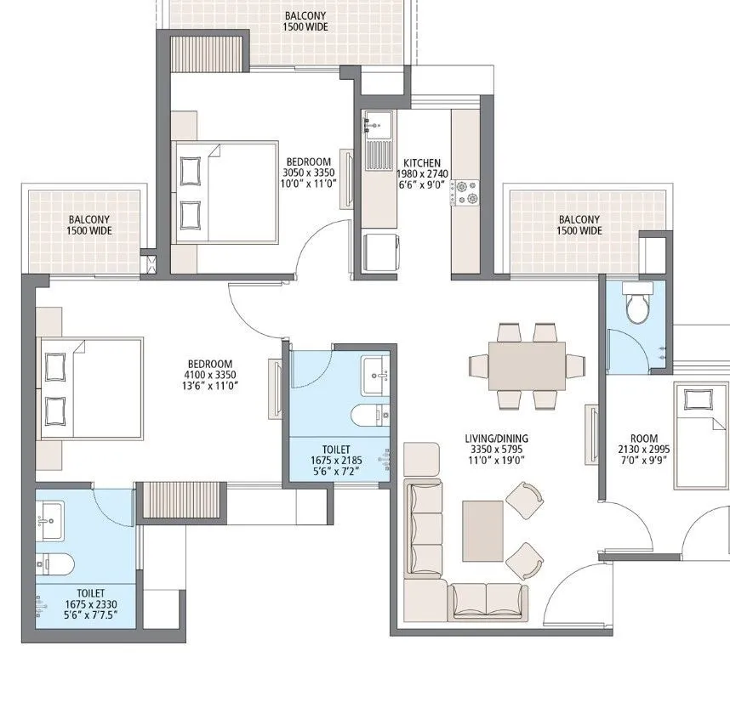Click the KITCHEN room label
[422, 162]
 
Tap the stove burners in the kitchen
[465, 192]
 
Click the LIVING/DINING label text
[493, 438]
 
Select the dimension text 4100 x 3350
[209, 375]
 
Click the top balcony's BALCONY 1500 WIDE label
[305, 21]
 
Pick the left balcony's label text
[90, 224]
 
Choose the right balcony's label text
[579, 224]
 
